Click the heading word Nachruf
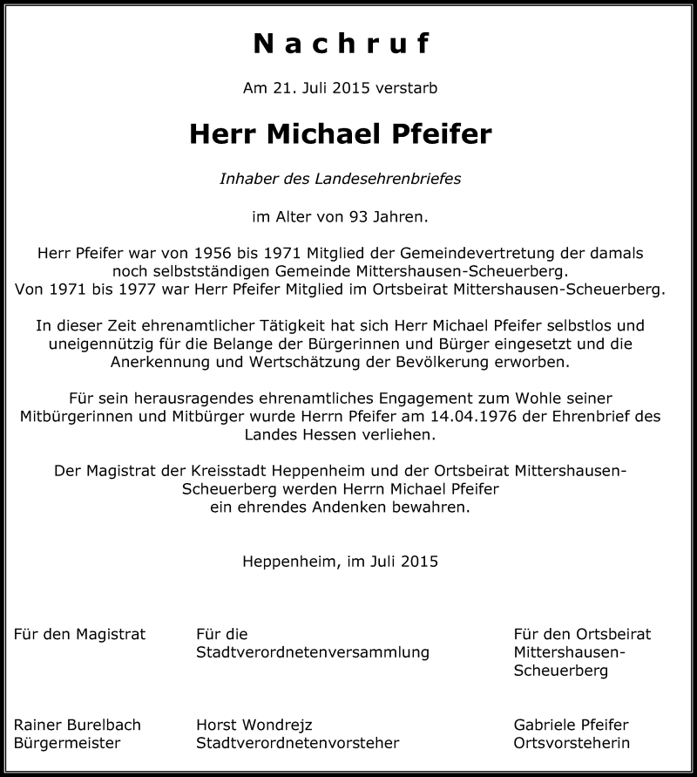341,44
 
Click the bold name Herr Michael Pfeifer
341,134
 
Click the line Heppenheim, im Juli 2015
341,562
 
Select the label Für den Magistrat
80,634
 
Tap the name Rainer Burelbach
78,725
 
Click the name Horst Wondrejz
254,725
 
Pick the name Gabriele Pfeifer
571,725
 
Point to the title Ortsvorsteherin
572,743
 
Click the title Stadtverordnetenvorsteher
298,743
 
